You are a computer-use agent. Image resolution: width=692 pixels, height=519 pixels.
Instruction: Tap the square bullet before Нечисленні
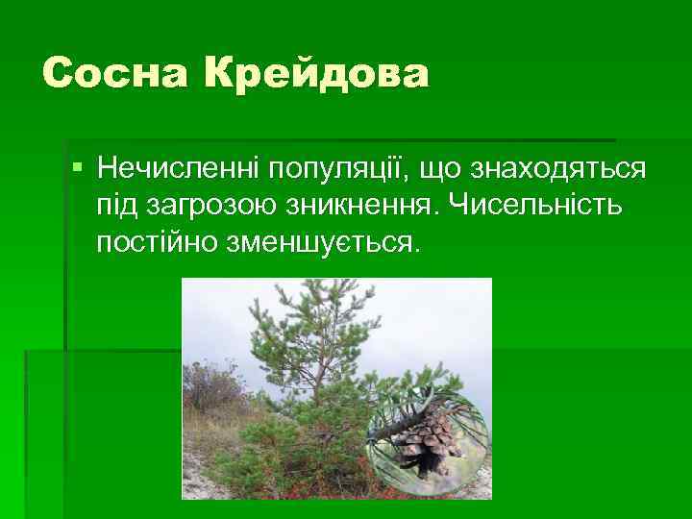tap(77, 169)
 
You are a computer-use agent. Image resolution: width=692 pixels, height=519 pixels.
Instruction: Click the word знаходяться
tap(556, 171)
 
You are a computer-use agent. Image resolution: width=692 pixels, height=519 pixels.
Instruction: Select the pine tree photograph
tap(336, 388)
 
